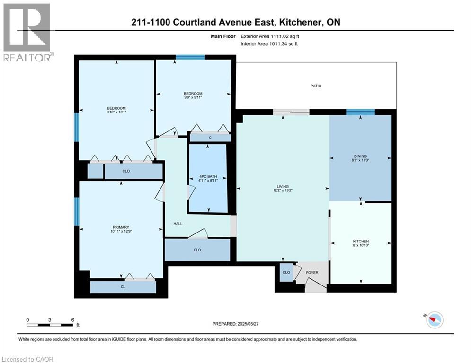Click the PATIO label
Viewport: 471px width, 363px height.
click(316, 86)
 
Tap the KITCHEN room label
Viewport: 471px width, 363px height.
click(361, 242)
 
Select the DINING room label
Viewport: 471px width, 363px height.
click(361, 156)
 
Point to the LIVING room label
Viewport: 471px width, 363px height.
click(283, 187)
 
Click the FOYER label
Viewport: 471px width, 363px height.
click(312, 273)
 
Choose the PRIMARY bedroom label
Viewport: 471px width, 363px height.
click(121, 227)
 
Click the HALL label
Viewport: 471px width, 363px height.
click(178, 224)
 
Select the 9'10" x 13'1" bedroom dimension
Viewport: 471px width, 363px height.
click(116, 112)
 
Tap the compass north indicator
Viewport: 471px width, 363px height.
click(434, 320)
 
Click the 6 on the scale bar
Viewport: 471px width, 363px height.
click(72, 320)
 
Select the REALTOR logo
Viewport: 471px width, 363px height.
click(27, 32)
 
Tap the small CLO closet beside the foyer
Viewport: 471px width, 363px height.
click(286, 273)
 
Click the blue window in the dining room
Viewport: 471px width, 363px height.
click(360, 112)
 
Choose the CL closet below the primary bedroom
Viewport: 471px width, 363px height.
click(123, 286)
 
